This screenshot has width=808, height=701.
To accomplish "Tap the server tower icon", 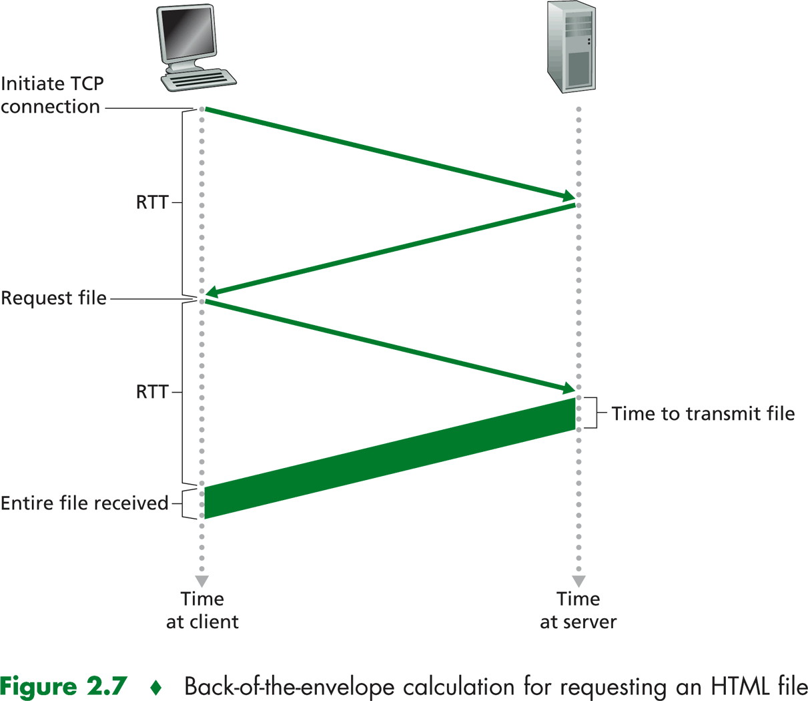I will coord(571,46).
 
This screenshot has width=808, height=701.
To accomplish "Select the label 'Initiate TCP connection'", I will coord(51,95).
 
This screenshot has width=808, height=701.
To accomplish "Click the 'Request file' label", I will coord(53,298).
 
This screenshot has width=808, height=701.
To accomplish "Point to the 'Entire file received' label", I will coord(84,503).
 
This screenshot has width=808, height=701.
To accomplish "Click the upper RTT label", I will coord(152,202).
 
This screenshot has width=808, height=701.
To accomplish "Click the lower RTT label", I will coord(152,392).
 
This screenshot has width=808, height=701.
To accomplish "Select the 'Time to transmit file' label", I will coord(703,414).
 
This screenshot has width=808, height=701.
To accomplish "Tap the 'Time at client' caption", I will coord(202,610).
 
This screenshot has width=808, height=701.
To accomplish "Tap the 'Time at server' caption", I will coord(578,610).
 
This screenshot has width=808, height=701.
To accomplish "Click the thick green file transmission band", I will coord(390,459).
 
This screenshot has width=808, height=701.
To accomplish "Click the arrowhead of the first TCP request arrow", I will coord(569,196).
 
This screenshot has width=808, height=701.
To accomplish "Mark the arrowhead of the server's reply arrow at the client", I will coord(212,292).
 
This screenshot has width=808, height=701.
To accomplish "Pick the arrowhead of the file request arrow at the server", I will coord(569,389).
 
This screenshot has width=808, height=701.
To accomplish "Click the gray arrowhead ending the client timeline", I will coord(202,581).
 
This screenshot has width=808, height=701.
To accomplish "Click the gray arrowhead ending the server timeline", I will coord(578,581).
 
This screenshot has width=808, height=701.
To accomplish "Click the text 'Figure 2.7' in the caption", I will coord(63,686).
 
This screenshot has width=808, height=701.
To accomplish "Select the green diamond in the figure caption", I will coord(156,687).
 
